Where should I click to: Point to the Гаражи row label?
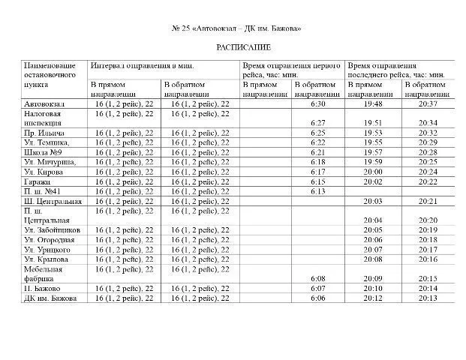38,181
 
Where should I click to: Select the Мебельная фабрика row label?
43,273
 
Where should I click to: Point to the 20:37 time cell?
428,103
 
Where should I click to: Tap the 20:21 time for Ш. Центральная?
428,200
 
